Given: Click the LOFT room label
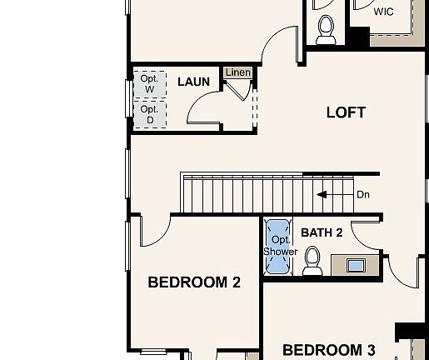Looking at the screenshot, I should (x=346, y=112).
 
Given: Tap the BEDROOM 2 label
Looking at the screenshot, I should (x=194, y=282).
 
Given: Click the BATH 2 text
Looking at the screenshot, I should (x=322, y=232).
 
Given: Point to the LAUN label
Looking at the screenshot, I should (x=192, y=82).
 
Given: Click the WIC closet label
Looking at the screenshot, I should (x=383, y=12).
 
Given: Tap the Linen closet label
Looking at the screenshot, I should (x=237, y=73).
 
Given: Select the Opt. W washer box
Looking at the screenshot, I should (x=149, y=83).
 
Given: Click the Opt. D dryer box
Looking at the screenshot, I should (x=149, y=114).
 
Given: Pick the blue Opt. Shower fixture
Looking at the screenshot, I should (x=278, y=247).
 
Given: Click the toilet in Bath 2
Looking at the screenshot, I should (x=313, y=261).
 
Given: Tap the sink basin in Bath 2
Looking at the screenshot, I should (x=356, y=266).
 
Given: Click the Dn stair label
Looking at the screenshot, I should (x=363, y=194).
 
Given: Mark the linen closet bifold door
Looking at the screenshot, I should (x=238, y=90).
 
